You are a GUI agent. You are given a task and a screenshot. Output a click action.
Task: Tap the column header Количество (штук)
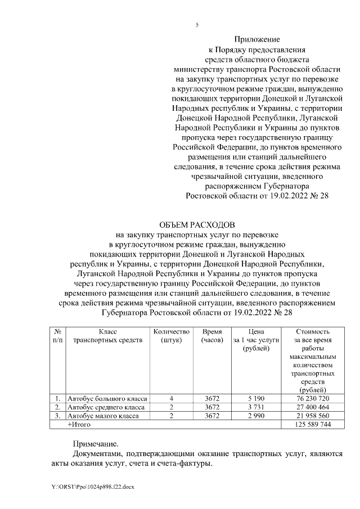click(x=172, y=336)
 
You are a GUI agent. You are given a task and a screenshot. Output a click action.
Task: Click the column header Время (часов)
click(x=212, y=336)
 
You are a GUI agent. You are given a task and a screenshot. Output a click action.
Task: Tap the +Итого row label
click(x=79, y=424)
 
